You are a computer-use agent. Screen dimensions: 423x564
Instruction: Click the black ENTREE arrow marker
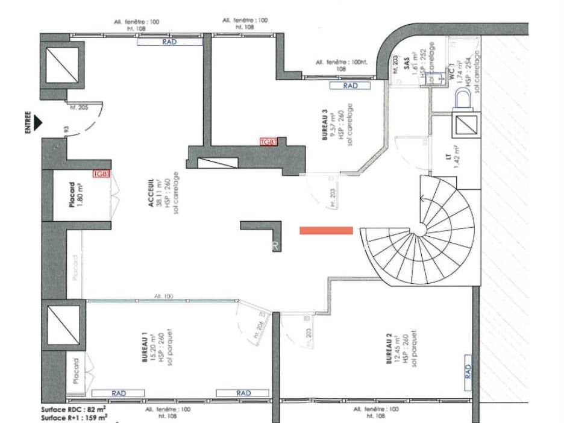[x=39, y=123]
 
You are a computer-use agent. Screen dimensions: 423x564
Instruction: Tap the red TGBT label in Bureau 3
[x=268, y=142]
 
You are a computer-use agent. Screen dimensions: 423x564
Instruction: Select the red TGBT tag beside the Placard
[x=101, y=174]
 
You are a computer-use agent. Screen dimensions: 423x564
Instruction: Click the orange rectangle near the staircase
[x=326, y=230]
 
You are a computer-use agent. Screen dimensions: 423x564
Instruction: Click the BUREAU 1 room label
[x=145, y=351]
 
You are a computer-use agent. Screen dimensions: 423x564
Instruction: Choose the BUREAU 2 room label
[x=389, y=352]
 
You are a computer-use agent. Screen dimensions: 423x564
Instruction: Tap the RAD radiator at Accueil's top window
[x=169, y=42]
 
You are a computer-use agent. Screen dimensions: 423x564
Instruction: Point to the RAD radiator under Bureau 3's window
[x=350, y=86]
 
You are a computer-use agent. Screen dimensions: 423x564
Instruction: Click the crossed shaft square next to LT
[x=466, y=125]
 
